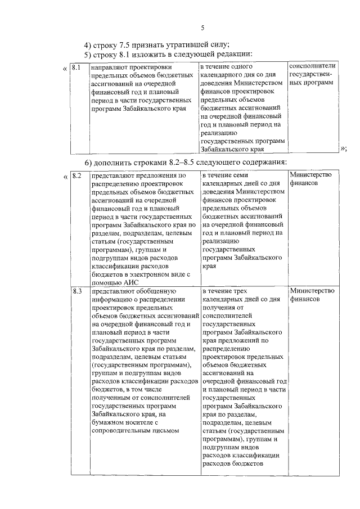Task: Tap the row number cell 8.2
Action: coord(77,175)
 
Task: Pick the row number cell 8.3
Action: coord(77,291)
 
